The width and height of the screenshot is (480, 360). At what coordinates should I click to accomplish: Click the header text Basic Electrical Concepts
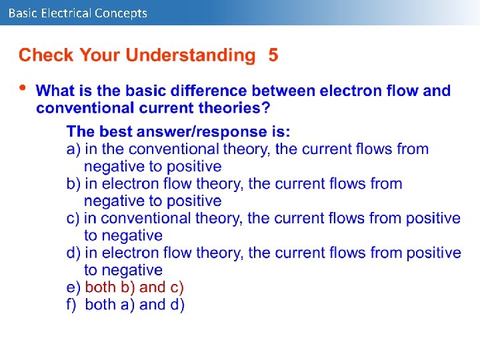pyautogui.click(x=78, y=13)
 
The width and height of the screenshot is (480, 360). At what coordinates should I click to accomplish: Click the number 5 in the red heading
pyautogui.click(x=273, y=55)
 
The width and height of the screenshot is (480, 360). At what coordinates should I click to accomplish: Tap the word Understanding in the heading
pyautogui.click(x=191, y=55)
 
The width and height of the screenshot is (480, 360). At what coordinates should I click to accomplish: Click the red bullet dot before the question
pyautogui.click(x=23, y=87)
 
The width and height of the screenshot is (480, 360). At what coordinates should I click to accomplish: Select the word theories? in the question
pyautogui.click(x=235, y=108)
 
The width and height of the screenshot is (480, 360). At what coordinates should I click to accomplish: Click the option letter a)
pyautogui.click(x=73, y=149)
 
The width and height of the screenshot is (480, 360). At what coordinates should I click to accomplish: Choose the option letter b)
pyautogui.click(x=73, y=183)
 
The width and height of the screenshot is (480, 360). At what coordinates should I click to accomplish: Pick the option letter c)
pyautogui.click(x=73, y=218)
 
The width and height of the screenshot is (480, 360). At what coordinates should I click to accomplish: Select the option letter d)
pyautogui.click(x=73, y=253)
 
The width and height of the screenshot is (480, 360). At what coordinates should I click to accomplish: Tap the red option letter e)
pyautogui.click(x=73, y=287)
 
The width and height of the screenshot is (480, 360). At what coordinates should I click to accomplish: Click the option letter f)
pyautogui.click(x=72, y=305)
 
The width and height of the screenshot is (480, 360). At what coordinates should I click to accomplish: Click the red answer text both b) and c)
pyautogui.click(x=135, y=287)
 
